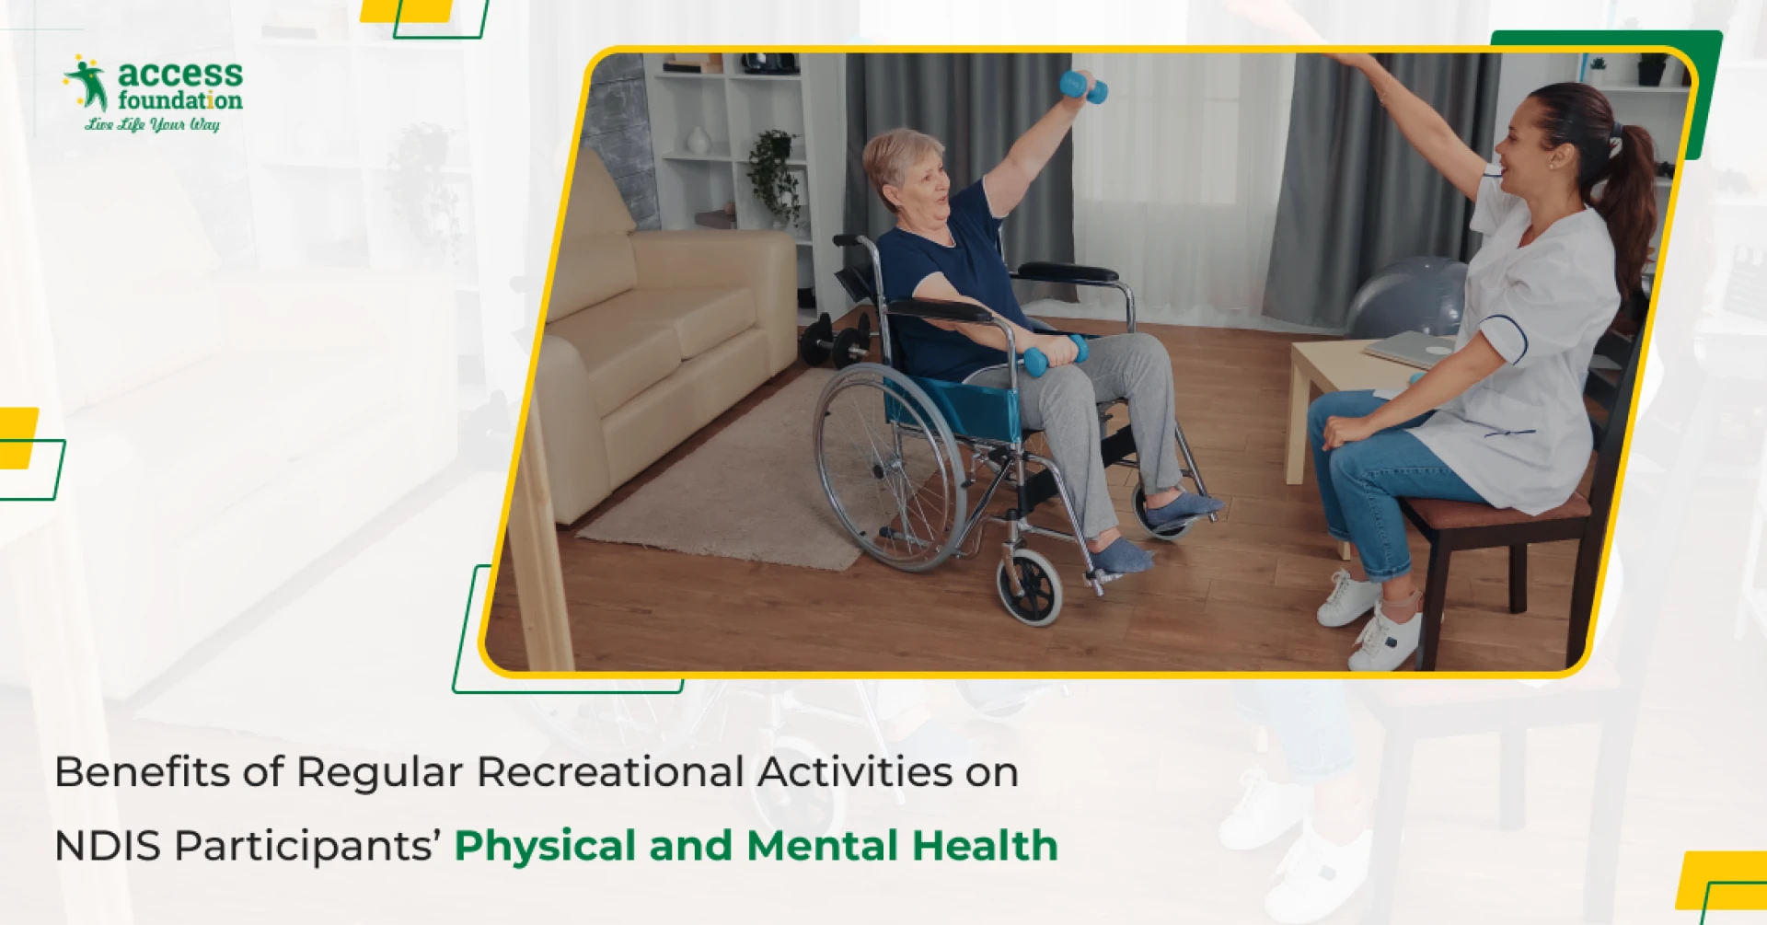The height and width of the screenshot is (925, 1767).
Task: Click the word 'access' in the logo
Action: pos(180,74)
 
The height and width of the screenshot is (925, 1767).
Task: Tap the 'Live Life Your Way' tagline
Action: pos(153,124)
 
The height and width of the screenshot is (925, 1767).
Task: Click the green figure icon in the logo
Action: pos(88,83)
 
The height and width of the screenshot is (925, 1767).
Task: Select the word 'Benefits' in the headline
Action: pos(142,771)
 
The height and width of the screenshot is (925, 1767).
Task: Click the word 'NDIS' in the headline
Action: pos(108,845)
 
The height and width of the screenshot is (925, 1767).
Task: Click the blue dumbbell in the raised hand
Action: pos(1083,87)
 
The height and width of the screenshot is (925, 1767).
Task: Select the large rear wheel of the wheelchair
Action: pos(887,466)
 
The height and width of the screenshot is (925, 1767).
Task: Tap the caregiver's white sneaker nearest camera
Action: pos(1385,639)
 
